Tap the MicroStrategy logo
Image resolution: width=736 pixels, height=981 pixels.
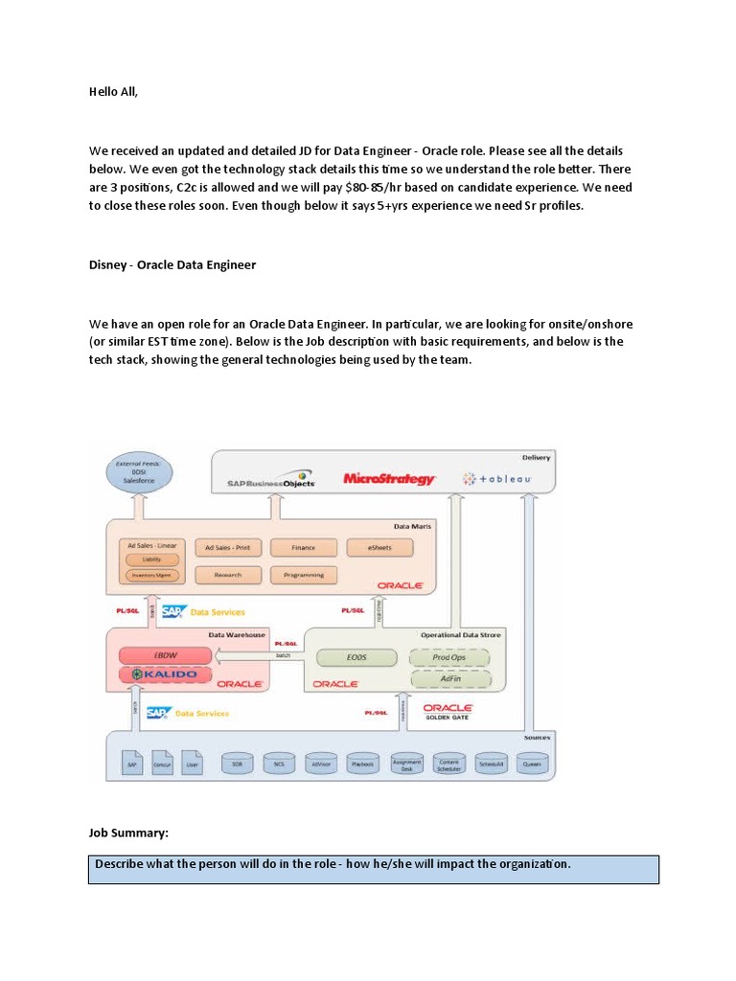click(389, 478)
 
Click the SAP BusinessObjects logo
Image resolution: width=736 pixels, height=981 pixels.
click(271, 480)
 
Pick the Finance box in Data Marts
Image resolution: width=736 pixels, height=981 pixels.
click(303, 548)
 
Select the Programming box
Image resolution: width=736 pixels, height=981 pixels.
click(303, 575)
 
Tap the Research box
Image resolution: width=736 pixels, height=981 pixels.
click(227, 575)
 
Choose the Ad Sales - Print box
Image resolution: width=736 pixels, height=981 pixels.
click(227, 548)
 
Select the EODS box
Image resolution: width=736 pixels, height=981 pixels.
click(356, 657)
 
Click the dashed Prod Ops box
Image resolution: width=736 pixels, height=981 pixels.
click(448, 657)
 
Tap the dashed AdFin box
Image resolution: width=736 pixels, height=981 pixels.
click(448, 678)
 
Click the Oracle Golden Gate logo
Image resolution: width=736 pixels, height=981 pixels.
click(448, 711)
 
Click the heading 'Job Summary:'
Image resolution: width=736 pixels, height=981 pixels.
click(128, 834)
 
